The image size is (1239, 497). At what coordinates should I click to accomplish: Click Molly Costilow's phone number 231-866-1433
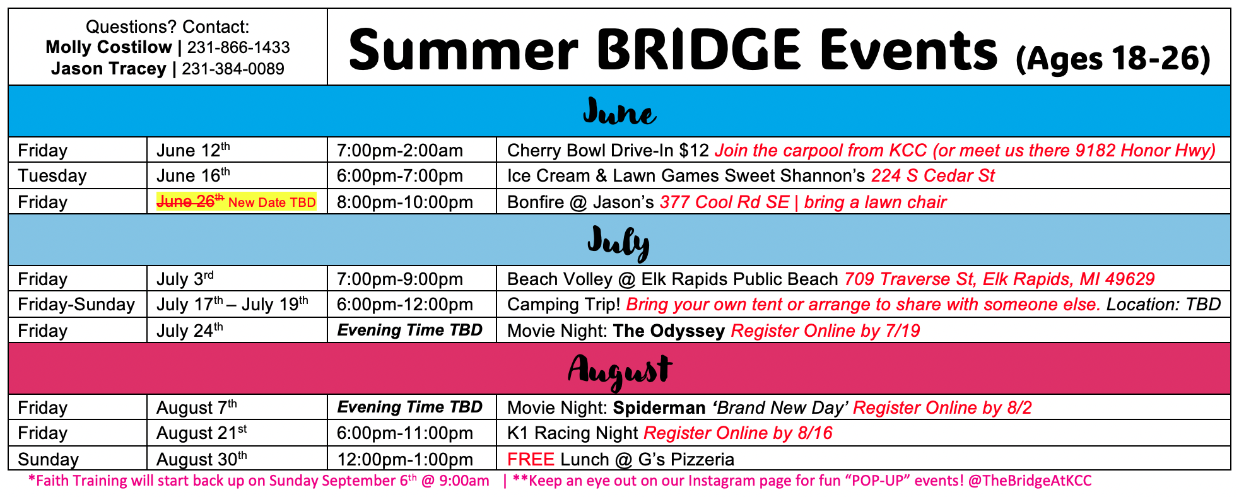pyautogui.click(x=238, y=47)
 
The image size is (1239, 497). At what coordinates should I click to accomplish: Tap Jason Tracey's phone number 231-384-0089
pyautogui.click(x=233, y=69)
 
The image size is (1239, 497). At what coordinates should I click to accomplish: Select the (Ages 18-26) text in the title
pyautogui.click(x=1113, y=59)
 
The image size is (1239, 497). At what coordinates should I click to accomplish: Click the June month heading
pyautogui.click(x=619, y=112)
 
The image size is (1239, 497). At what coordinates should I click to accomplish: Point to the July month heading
pyautogui.click(x=618, y=243)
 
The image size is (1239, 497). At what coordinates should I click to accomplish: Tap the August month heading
pyautogui.click(x=619, y=371)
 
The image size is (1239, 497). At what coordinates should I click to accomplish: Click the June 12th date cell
pyautogui.click(x=193, y=150)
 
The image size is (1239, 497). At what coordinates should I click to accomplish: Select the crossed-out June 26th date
pyautogui.click(x=190, y=201)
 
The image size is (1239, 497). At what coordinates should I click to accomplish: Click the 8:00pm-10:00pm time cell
pyautogui.click(x=404, y=202)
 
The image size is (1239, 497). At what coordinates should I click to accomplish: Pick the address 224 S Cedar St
pyautogui.click(x=932, y=175)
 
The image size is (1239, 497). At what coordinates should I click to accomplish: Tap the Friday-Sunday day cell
pyautogui.click(x=76, y=305)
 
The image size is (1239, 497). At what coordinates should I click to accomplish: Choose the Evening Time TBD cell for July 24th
pyautogui.click(x=410, y=330)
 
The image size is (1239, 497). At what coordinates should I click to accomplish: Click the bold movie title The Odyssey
pyautogui.click(x=669, y=330)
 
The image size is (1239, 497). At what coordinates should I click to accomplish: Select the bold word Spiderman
pyautogui.click(x=659, y=408)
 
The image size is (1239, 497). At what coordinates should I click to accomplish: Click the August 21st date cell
pyautogui.click(x=201, y=433)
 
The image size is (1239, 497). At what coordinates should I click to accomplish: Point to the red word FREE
pyautogui.click(x=531, y=459)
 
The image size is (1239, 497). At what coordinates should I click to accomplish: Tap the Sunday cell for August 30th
pyautogui.click(x=49, y=459)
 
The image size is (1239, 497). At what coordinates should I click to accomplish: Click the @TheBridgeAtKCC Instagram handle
pyautogui.click(x=1029, y=481)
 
